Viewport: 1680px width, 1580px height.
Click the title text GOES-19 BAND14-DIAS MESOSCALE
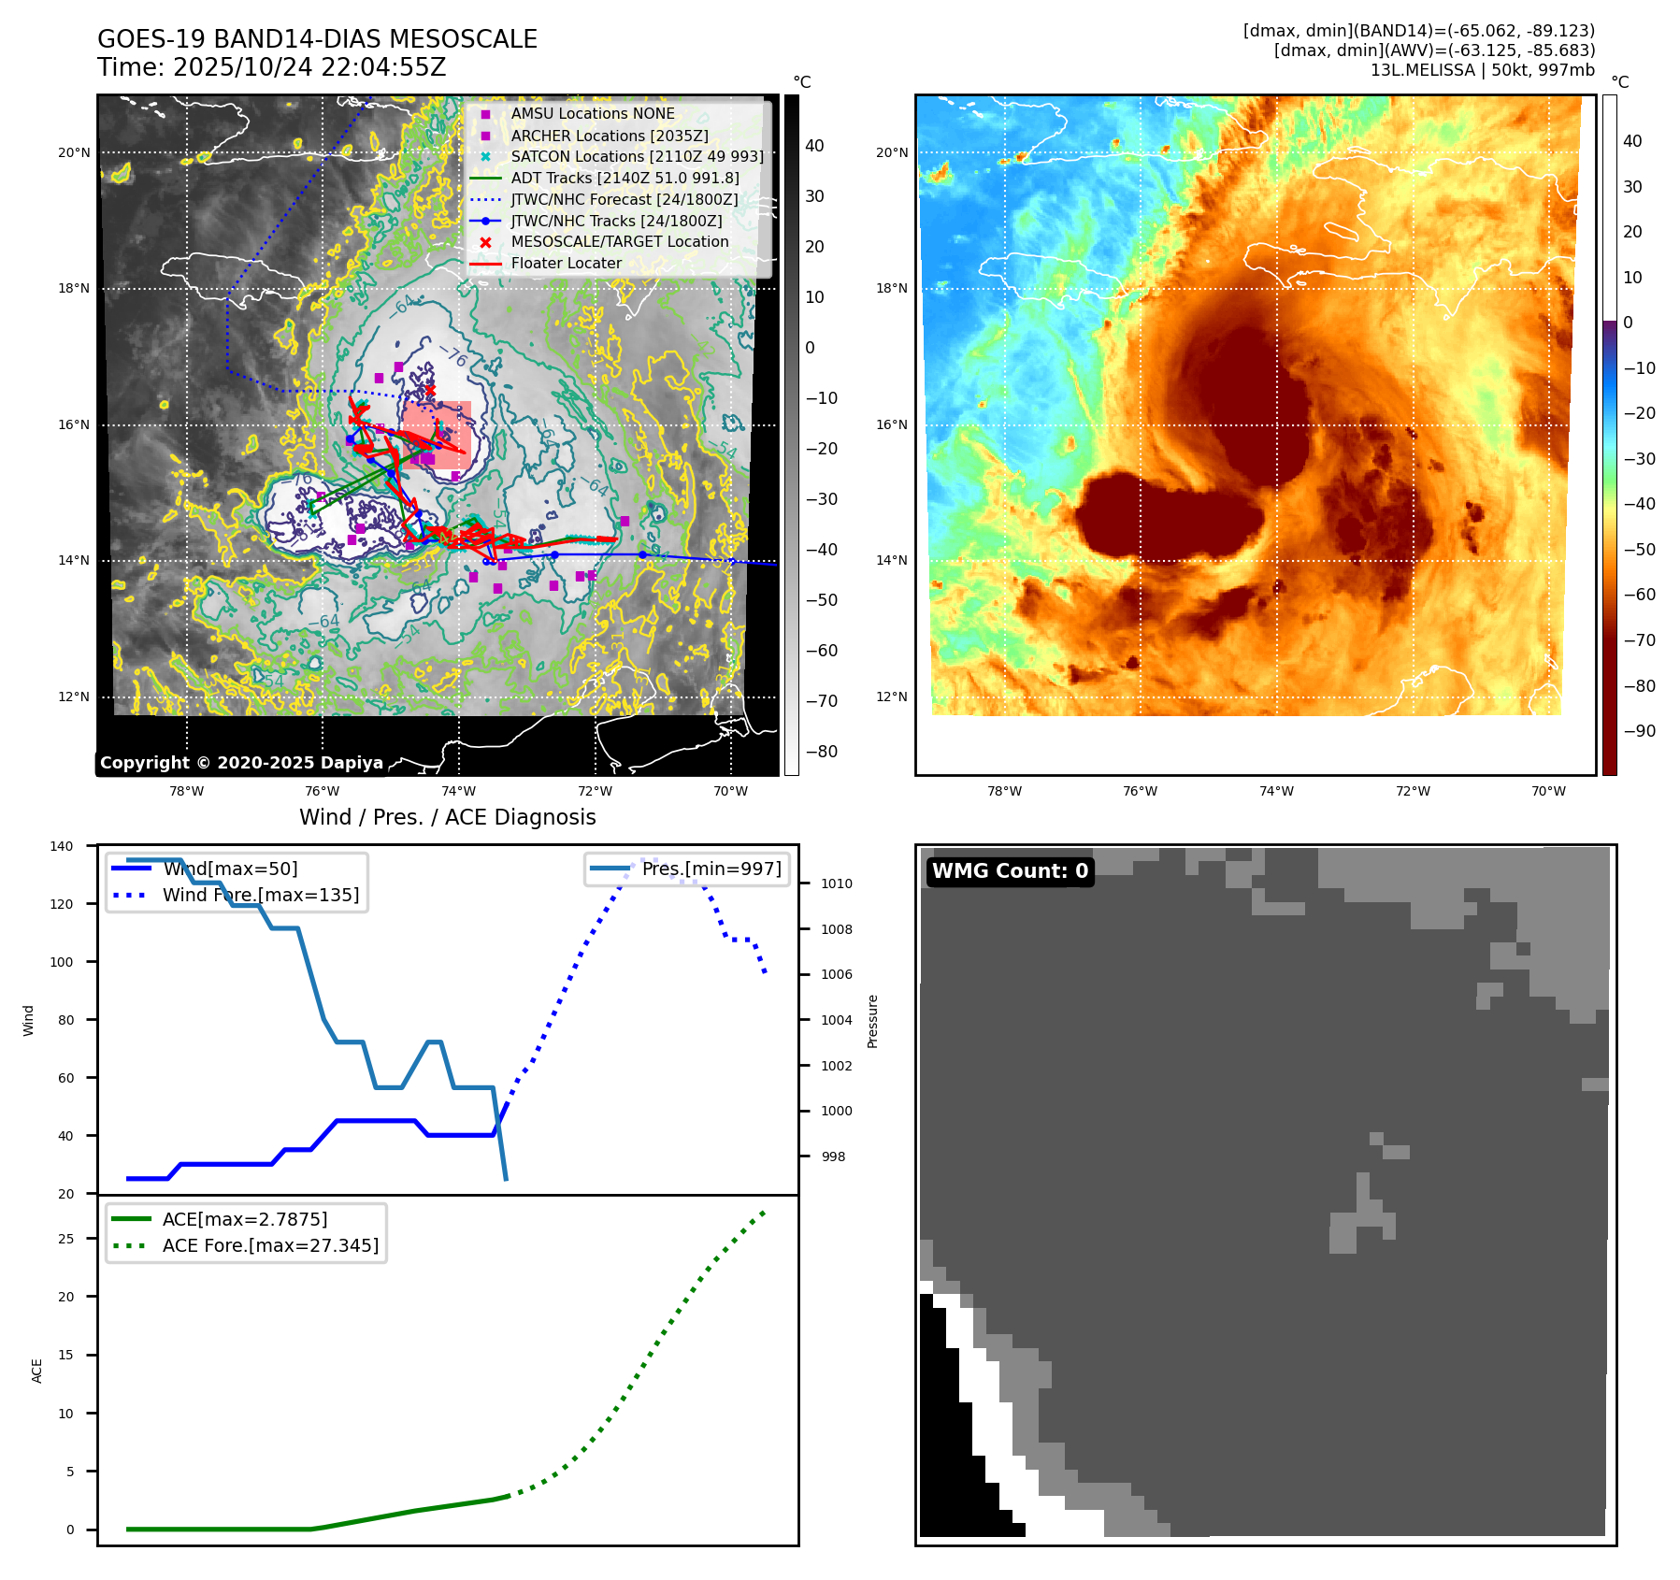(317, 39)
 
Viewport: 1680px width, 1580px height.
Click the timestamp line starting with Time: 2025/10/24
(271, 67)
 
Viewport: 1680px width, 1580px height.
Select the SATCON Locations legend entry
(637, 156)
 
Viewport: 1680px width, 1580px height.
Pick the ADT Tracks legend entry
(625, 178)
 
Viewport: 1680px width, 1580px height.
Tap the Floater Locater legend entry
(566, 263)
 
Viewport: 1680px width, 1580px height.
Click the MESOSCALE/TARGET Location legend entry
(619, 241)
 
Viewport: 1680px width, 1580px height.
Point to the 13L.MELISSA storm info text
(1482, 70)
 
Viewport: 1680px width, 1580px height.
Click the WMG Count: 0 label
(1010, 871)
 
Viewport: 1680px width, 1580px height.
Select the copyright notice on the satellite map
(241, 763)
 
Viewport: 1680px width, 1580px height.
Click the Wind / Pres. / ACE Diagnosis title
(447, 817)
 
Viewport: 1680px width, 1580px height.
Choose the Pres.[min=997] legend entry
(711, 869)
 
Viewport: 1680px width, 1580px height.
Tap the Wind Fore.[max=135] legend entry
(260, 895)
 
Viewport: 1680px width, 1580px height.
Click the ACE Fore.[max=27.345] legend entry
(270, 1245)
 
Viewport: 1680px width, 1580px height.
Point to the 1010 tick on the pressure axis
(836, 883)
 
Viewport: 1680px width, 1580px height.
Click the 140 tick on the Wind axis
(61, 846)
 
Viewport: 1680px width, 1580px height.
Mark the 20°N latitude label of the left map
(74, 152)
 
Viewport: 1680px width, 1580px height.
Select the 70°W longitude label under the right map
(1548, 791)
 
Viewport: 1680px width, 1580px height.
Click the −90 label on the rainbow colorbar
(1639, 731)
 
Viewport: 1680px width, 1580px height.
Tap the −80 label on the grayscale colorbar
(821, 752)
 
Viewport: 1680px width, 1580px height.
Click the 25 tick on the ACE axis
(65, 1239)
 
